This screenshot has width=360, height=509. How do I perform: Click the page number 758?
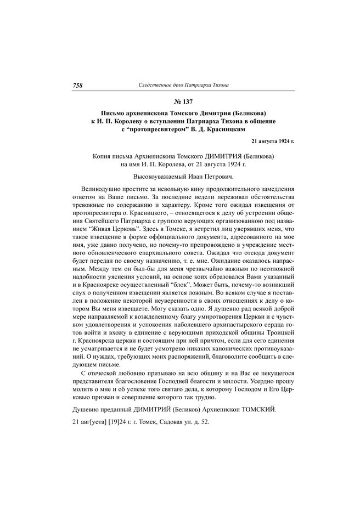click(77, 85)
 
